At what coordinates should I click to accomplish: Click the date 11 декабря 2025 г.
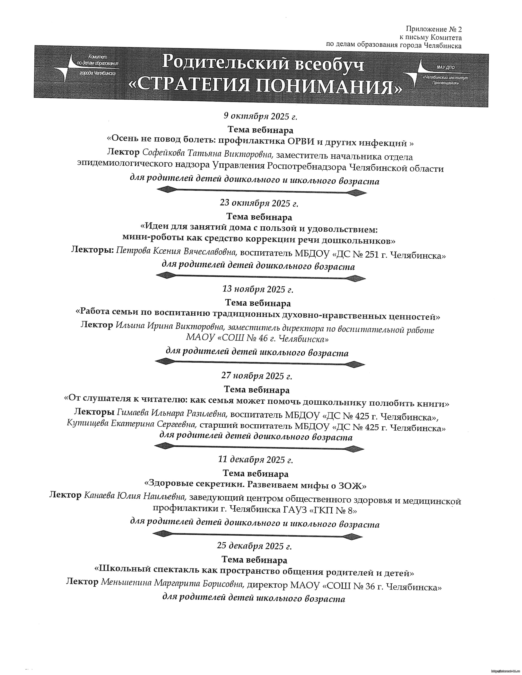click(255, 460)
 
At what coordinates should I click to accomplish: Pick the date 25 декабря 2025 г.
click(254, 546)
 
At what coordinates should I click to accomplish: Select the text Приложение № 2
click(434, 29)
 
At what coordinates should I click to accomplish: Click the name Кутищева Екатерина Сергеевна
click(132, 424)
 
